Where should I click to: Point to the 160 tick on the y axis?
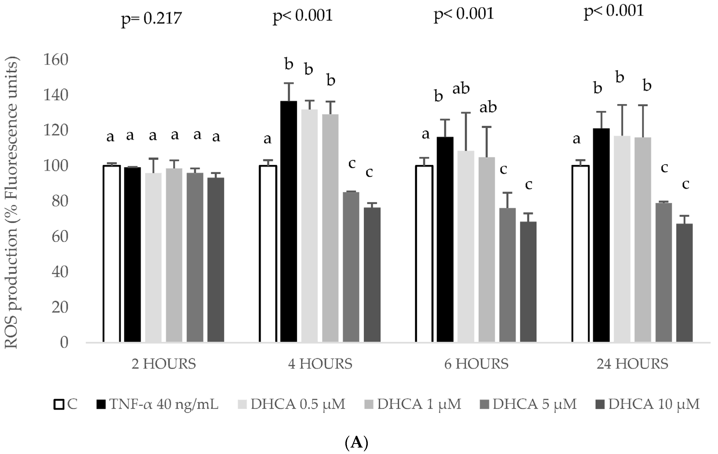pos(56,60)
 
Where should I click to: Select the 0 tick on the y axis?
pos(64,343)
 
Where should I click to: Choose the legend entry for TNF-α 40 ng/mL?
pos(158,404)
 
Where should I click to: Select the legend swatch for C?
pos(59,405)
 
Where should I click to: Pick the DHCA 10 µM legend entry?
pos(648,404)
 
